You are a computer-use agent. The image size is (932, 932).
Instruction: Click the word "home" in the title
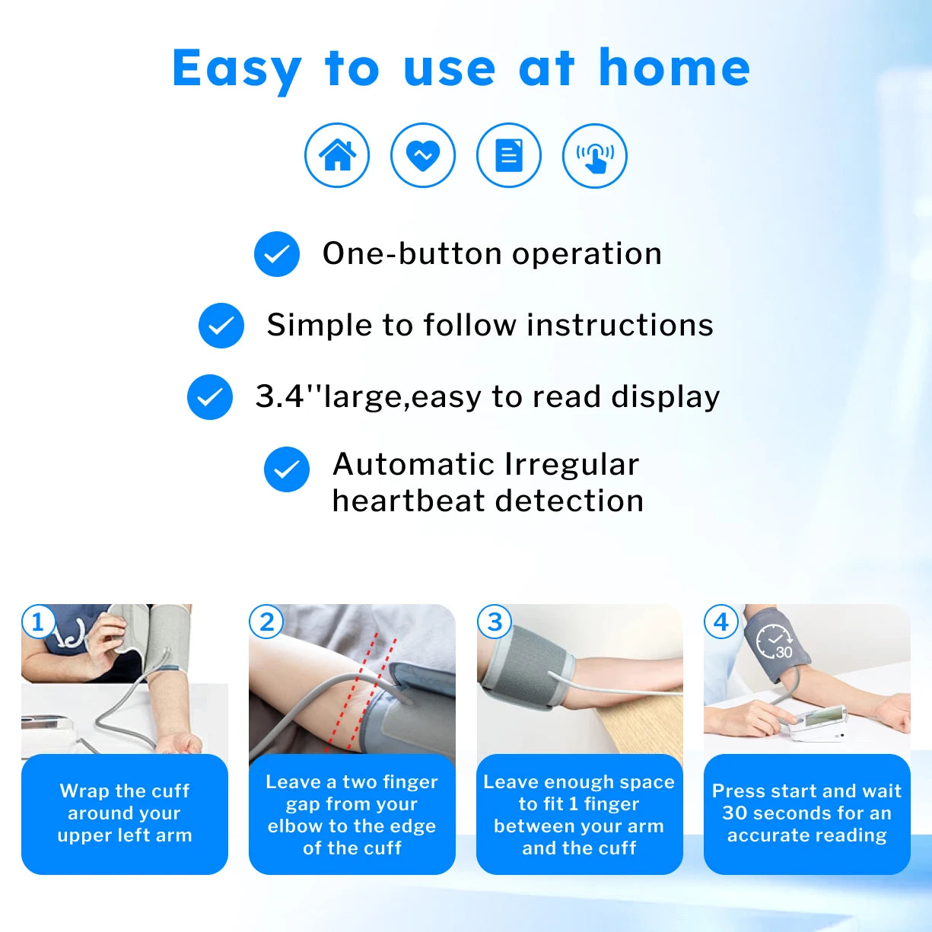click(674, 68)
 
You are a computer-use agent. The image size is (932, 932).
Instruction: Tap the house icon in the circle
click(337, 155)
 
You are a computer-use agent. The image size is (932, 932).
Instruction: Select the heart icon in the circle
click(423, 155)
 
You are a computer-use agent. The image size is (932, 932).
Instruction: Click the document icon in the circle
click(509, 155)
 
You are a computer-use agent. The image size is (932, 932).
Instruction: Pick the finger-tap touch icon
click(595, 155)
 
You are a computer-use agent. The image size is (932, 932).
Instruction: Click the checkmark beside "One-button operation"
click(277, 254)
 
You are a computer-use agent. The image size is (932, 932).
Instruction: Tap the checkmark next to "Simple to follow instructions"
click(221, 326)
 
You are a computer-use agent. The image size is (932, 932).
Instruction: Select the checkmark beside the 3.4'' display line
click(210, 397)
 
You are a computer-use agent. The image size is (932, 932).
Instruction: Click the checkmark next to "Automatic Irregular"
click(287, 469)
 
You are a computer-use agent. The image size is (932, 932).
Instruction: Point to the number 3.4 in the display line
click(279, 396)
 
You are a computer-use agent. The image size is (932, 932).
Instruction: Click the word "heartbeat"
click(402, 501)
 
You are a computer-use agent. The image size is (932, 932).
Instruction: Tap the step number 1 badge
click(38, 622)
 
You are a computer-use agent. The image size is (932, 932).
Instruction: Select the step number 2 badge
click(266, 622)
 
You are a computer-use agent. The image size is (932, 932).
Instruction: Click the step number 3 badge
click(494, 622)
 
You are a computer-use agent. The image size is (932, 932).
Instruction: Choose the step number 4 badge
click(721, 622)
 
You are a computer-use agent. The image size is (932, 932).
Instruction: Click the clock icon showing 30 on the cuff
click(775, 641)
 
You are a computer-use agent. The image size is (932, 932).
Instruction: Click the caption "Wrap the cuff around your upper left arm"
click(125, 813)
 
